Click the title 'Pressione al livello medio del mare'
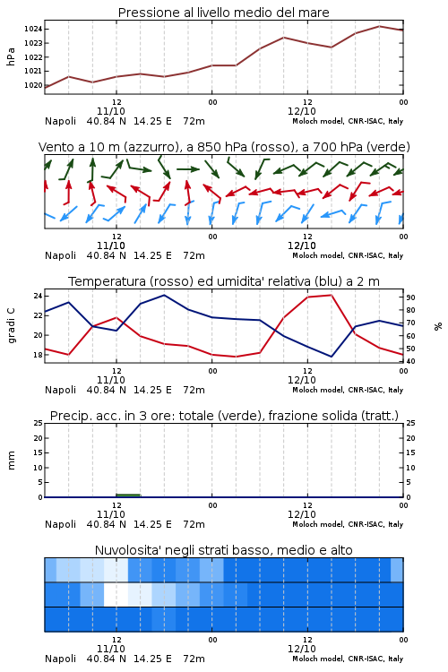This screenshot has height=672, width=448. coord(223,13)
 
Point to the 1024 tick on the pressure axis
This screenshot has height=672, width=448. coord(33,30)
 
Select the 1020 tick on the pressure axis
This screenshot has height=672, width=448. coord(33,85)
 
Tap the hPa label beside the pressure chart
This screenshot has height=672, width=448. coord(11,56)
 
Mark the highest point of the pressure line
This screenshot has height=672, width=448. coord(379,26)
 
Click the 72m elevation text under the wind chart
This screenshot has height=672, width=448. coord(194,255)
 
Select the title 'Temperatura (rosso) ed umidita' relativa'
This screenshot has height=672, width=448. coord(189,281)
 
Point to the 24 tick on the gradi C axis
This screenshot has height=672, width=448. coord(38,297)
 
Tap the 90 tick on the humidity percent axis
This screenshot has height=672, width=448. coord(410,297)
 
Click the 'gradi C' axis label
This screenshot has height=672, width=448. coord(12,326)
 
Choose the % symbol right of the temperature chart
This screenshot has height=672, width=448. coord(438,326)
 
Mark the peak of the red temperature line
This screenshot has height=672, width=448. coord(332,295)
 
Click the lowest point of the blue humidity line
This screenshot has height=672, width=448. coord(332,357)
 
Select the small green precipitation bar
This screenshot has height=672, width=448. coord(128,495)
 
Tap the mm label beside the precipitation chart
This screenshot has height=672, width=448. coord(11,461)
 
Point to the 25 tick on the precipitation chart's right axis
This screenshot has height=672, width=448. coord(410,423)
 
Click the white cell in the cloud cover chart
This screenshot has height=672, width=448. coord(116,594)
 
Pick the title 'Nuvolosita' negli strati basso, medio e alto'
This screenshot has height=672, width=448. coord(223,550)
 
